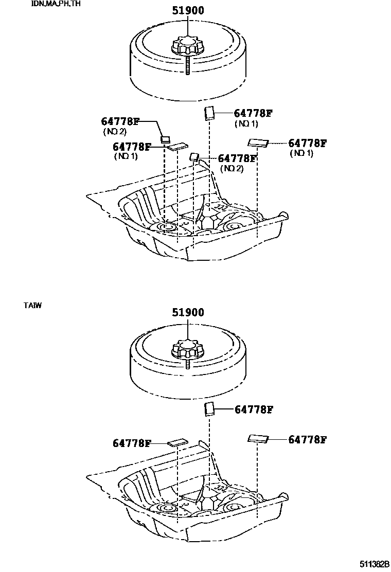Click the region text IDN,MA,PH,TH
point(56,4)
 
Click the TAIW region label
point(32,305)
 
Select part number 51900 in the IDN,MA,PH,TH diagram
point(188,10)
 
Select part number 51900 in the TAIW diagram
point(188,312)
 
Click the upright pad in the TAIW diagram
point(209,409)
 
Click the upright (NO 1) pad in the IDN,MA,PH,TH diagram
point(209,113)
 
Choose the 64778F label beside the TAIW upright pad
point(253,410)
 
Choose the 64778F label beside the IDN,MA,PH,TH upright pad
point(253,114)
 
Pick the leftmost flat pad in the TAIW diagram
point(177,442)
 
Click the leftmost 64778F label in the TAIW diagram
point(132,443)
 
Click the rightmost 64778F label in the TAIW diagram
point(308,439)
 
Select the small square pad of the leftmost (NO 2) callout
point(166,139)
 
